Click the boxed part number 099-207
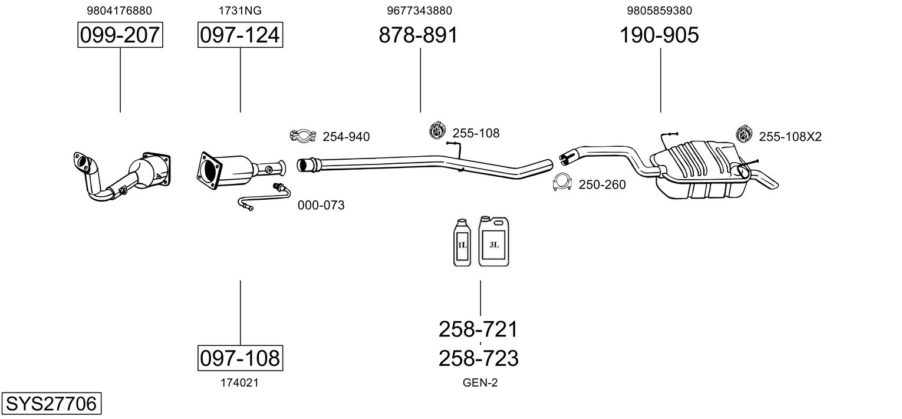tap(120, 35)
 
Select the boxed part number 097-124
tap(240, 35)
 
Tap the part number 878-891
tap(419, 35)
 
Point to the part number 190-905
tap(659, 35)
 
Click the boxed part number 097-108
tap(240, 358)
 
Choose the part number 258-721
tap(478, 329)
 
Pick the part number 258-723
tap(478, 358)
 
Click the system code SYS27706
tap(51, 404)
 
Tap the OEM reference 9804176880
tap(120, 11)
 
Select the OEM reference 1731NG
tap(240, 11)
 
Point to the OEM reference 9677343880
tap(420, 11)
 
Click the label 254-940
tap(346, 137)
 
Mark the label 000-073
tap(321, 205)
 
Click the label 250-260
tap(602, 184)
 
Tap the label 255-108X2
tap(790, 137)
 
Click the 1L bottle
tap(462, 243)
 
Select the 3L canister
tap(493, 241)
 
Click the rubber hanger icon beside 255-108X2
tap(744, 134)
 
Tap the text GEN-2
tap(480, 383)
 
